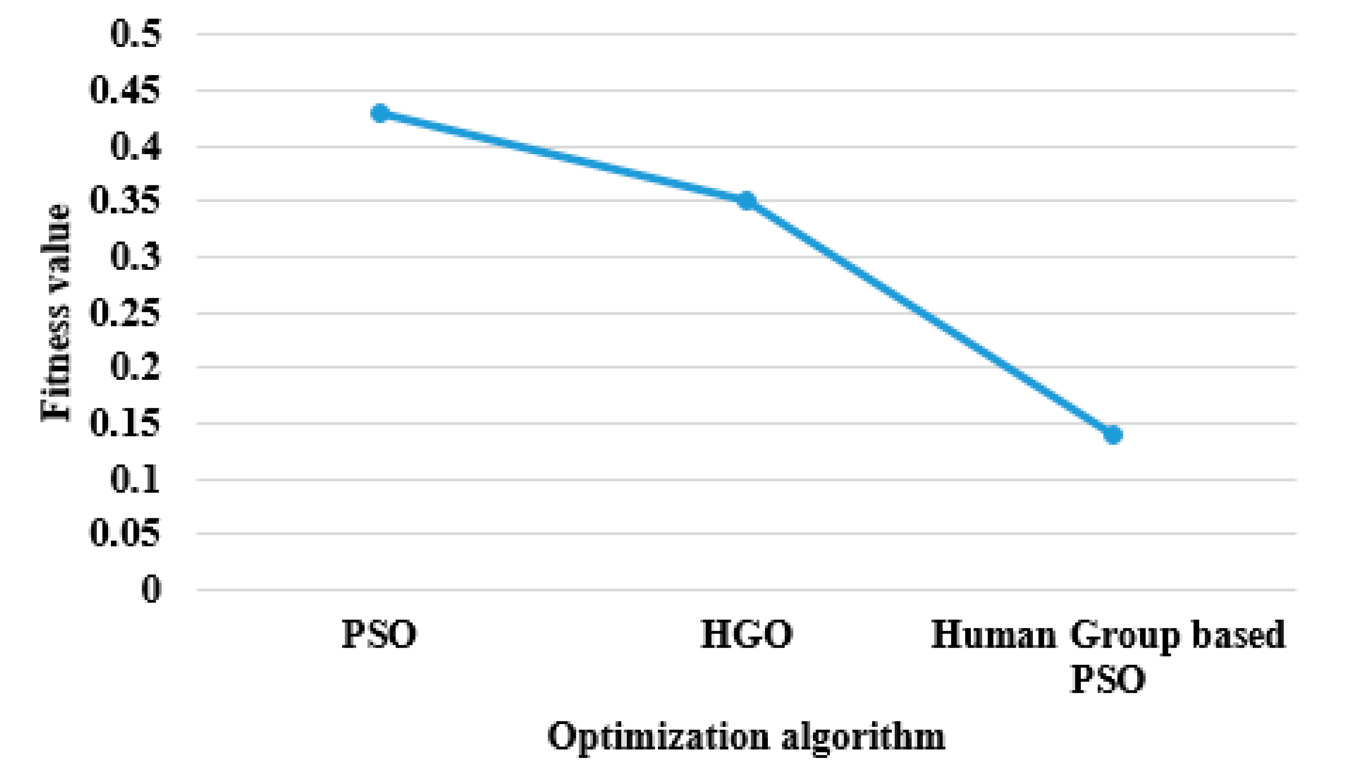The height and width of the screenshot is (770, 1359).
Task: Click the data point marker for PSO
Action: pos(380,113)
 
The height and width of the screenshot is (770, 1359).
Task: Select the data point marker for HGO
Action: pos(747,201)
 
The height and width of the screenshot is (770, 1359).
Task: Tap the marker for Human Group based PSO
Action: pos(1113,435)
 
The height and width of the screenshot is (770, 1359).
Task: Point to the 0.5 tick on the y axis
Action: pos(135,34)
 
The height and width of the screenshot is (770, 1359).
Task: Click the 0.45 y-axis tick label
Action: pos(125,91)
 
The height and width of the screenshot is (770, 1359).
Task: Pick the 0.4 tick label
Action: pos(135,147)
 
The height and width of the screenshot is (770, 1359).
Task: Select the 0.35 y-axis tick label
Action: pos(125,201)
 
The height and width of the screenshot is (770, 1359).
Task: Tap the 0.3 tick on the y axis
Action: pos(135,257)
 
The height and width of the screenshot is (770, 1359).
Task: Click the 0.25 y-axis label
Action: pos(125,313)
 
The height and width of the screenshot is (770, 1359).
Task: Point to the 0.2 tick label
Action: pos(135,367)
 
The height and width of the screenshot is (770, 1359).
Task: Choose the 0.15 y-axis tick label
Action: pos(125,423)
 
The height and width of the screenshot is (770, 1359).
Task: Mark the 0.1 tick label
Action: pos(135,480)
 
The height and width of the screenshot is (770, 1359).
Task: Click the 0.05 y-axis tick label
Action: pos(125,533)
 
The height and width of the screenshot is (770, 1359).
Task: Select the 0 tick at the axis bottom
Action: pos(151,589)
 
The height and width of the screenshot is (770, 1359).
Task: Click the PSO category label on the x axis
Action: pos(379,634)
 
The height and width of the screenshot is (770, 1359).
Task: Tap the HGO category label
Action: pos(747,634)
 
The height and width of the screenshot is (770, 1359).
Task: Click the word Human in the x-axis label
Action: pos(993,634)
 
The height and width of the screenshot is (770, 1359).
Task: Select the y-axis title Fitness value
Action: pos(55,312)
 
